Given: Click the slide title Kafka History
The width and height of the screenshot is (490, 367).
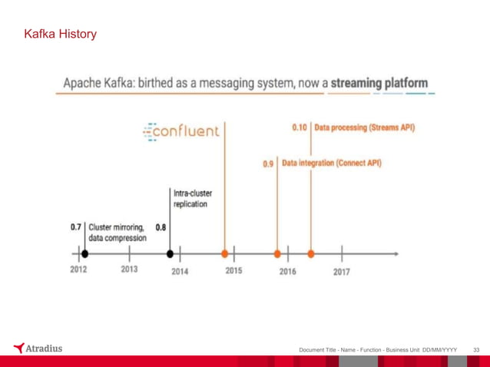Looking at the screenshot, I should click(x=60, y=35).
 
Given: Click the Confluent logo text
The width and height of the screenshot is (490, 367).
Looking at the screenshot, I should click(x=182, y=131).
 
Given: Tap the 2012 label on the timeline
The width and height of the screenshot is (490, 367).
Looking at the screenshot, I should click(x=78, y=269).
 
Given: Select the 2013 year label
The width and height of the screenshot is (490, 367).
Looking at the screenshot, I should click(x=130, y=269).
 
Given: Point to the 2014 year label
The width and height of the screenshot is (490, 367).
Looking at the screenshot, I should click(x=180, y=271).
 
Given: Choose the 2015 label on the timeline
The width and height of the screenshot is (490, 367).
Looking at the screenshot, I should click(x=233, y=270).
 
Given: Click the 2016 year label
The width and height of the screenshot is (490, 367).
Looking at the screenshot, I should click(x=287, y=271).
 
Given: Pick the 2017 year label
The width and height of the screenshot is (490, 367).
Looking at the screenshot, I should click(x=342, y=271).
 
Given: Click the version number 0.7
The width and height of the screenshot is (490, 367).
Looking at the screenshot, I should click(x=76, y=227).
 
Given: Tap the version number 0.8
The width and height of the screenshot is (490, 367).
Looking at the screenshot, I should click(x=161, y=227).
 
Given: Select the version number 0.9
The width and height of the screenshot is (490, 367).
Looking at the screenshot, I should click(x=268, y=164).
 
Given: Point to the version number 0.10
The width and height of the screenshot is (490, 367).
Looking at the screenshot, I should click(x=300, y=127).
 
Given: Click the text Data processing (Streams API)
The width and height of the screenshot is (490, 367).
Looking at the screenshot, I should click(x=365, y=127).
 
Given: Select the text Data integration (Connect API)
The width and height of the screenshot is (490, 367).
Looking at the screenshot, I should click(x=332, y=164).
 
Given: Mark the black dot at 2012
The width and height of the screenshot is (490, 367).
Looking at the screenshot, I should click(x=84, y=253).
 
